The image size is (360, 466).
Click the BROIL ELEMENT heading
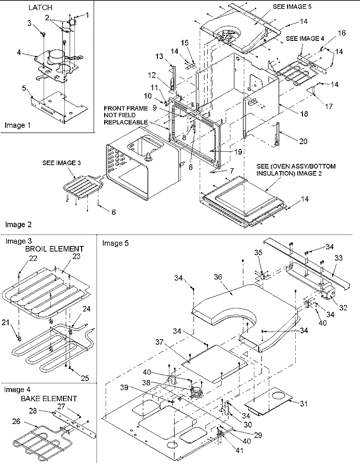54,249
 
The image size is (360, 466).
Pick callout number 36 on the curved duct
219,278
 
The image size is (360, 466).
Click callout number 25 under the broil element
84,379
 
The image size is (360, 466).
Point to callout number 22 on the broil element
19,258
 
